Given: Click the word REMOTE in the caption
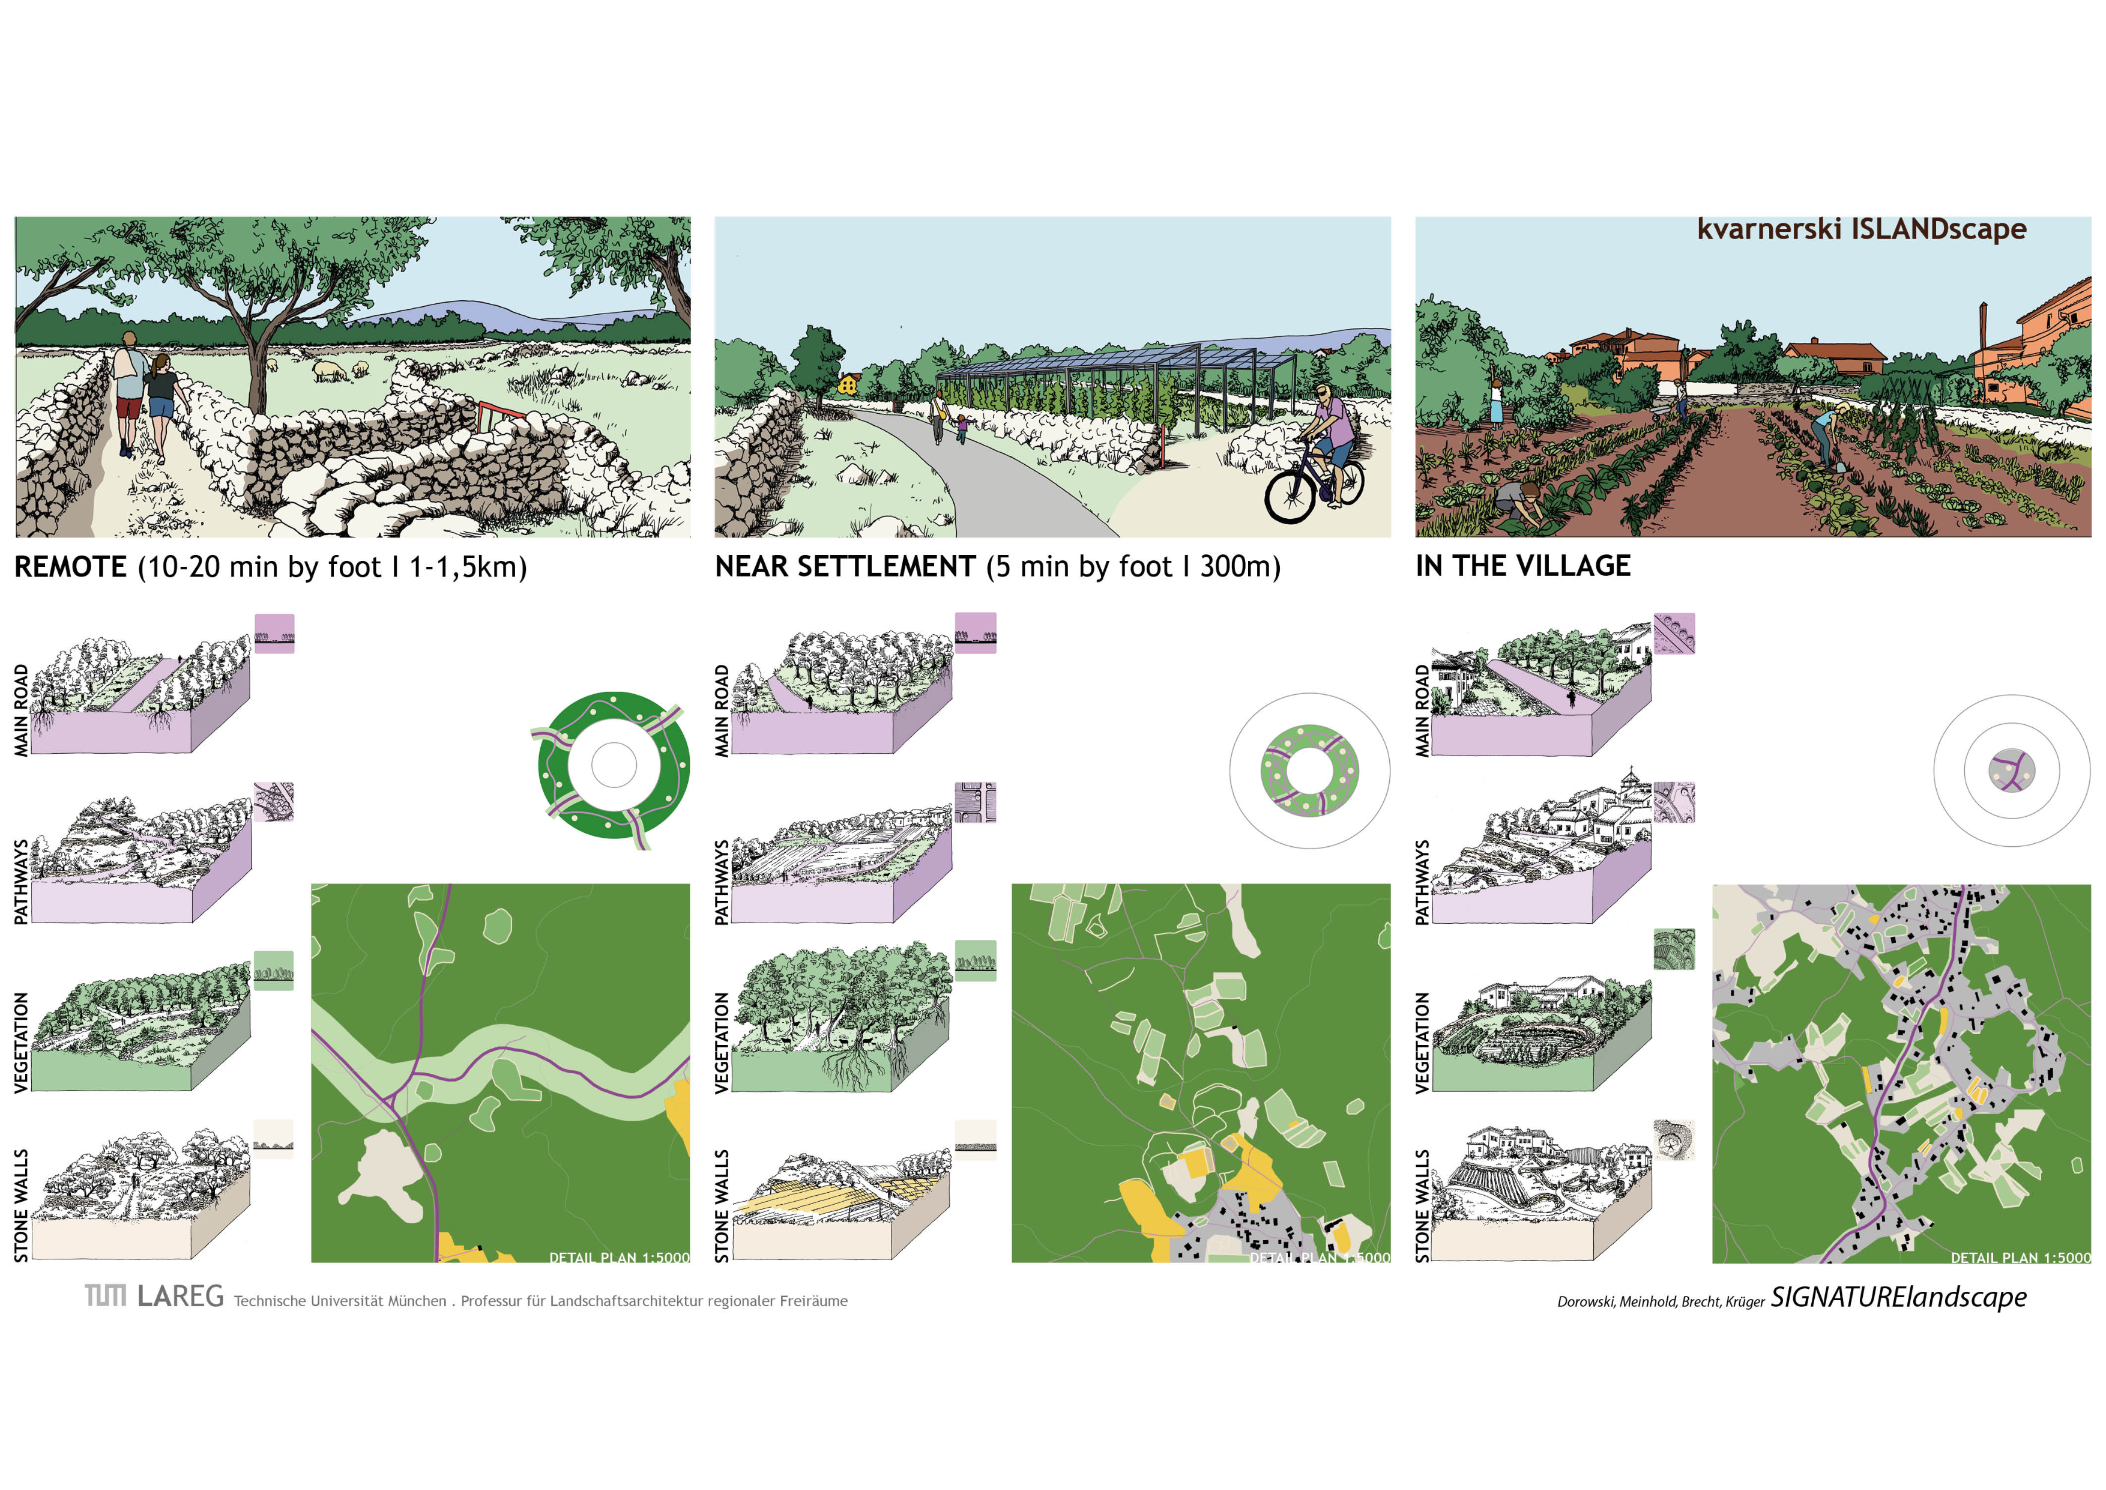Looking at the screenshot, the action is [71, 566].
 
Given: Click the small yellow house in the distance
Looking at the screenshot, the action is [848, 384].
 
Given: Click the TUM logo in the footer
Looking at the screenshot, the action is [106, 1295].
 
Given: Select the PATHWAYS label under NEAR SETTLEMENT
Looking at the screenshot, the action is [722, 882].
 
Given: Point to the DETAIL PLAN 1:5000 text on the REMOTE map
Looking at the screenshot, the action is [619, 1257].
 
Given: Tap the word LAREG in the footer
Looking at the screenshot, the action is [181, 1295].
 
